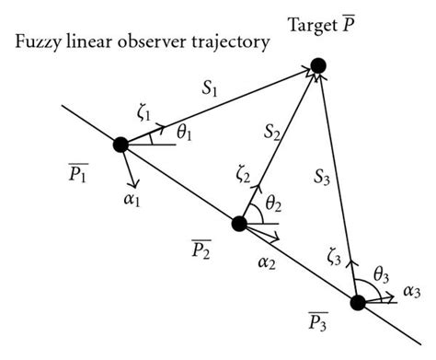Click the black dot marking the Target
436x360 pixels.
[x=318, y=65]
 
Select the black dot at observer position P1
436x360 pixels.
[x=120, y=145]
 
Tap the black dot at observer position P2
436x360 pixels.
[x=240, y=223]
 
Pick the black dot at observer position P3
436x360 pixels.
[x=358, y=302]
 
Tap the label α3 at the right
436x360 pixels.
[x=412, y=293]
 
